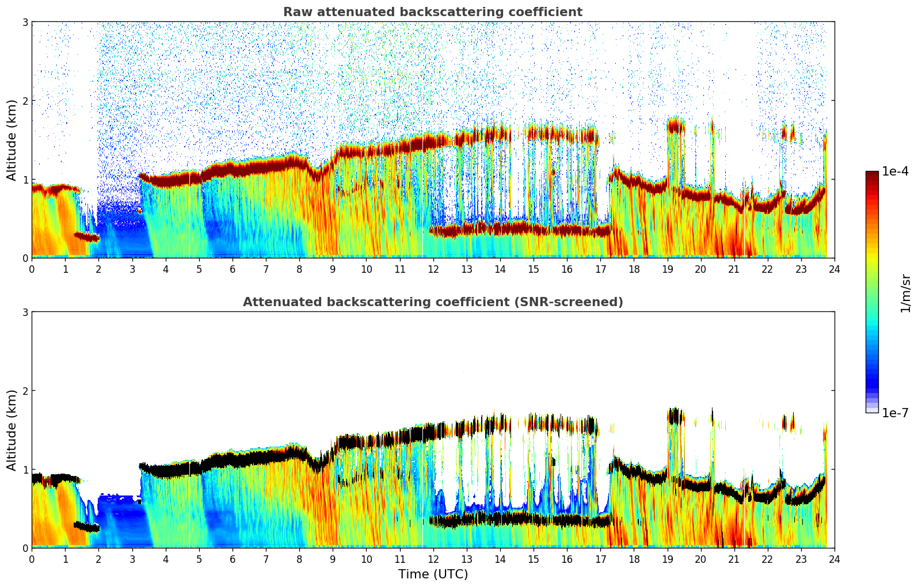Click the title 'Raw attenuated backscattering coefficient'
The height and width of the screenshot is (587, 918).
432,12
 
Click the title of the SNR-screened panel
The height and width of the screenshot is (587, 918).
432,302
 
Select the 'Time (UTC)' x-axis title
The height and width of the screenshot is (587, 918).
433,574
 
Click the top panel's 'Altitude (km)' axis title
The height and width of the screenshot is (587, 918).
12,140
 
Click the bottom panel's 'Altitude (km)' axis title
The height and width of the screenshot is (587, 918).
12,430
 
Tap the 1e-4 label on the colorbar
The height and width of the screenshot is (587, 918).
895,171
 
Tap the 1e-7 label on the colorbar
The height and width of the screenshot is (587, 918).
895,413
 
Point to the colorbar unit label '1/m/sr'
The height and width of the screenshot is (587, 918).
905,293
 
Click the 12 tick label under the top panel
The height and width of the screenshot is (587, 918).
433,269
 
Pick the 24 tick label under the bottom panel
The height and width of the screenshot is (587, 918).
835,559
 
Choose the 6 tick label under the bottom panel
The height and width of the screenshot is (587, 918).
233,559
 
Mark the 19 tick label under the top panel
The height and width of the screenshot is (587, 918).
667,269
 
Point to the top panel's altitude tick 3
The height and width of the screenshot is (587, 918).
25,22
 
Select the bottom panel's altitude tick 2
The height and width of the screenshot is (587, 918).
25,391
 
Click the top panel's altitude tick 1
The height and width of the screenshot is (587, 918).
25,180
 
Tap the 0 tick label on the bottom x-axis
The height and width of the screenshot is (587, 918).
32,559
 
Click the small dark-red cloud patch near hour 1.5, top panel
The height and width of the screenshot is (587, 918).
86,237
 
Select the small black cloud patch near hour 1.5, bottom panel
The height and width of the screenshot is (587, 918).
86,527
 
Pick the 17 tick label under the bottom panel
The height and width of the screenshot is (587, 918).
600,559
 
